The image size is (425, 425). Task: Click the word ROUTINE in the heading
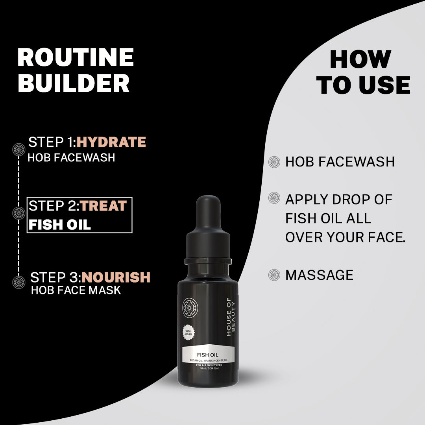coord(76,57)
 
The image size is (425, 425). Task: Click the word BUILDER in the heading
coord(74,83)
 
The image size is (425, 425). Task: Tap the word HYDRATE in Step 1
coord(111,142)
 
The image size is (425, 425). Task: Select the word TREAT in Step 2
coord(103,206)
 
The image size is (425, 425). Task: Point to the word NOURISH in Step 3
coord(116,277)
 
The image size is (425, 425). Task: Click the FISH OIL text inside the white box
coord(60,225)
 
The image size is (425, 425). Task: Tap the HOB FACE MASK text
coord(76,290)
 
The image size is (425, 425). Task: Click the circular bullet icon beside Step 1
coord(19,150)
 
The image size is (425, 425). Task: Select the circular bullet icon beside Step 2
coord(19,213)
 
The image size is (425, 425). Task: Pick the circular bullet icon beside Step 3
coord(19,282)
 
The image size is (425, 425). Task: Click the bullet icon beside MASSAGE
coord(274,275)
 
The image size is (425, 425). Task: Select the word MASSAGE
coord(319,275)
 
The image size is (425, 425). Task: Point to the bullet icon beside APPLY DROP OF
coord(274,198)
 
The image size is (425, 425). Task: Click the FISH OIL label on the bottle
coord(208,355)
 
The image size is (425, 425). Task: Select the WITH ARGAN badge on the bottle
coord(188,333)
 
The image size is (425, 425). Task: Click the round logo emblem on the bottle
coord(190,308)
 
